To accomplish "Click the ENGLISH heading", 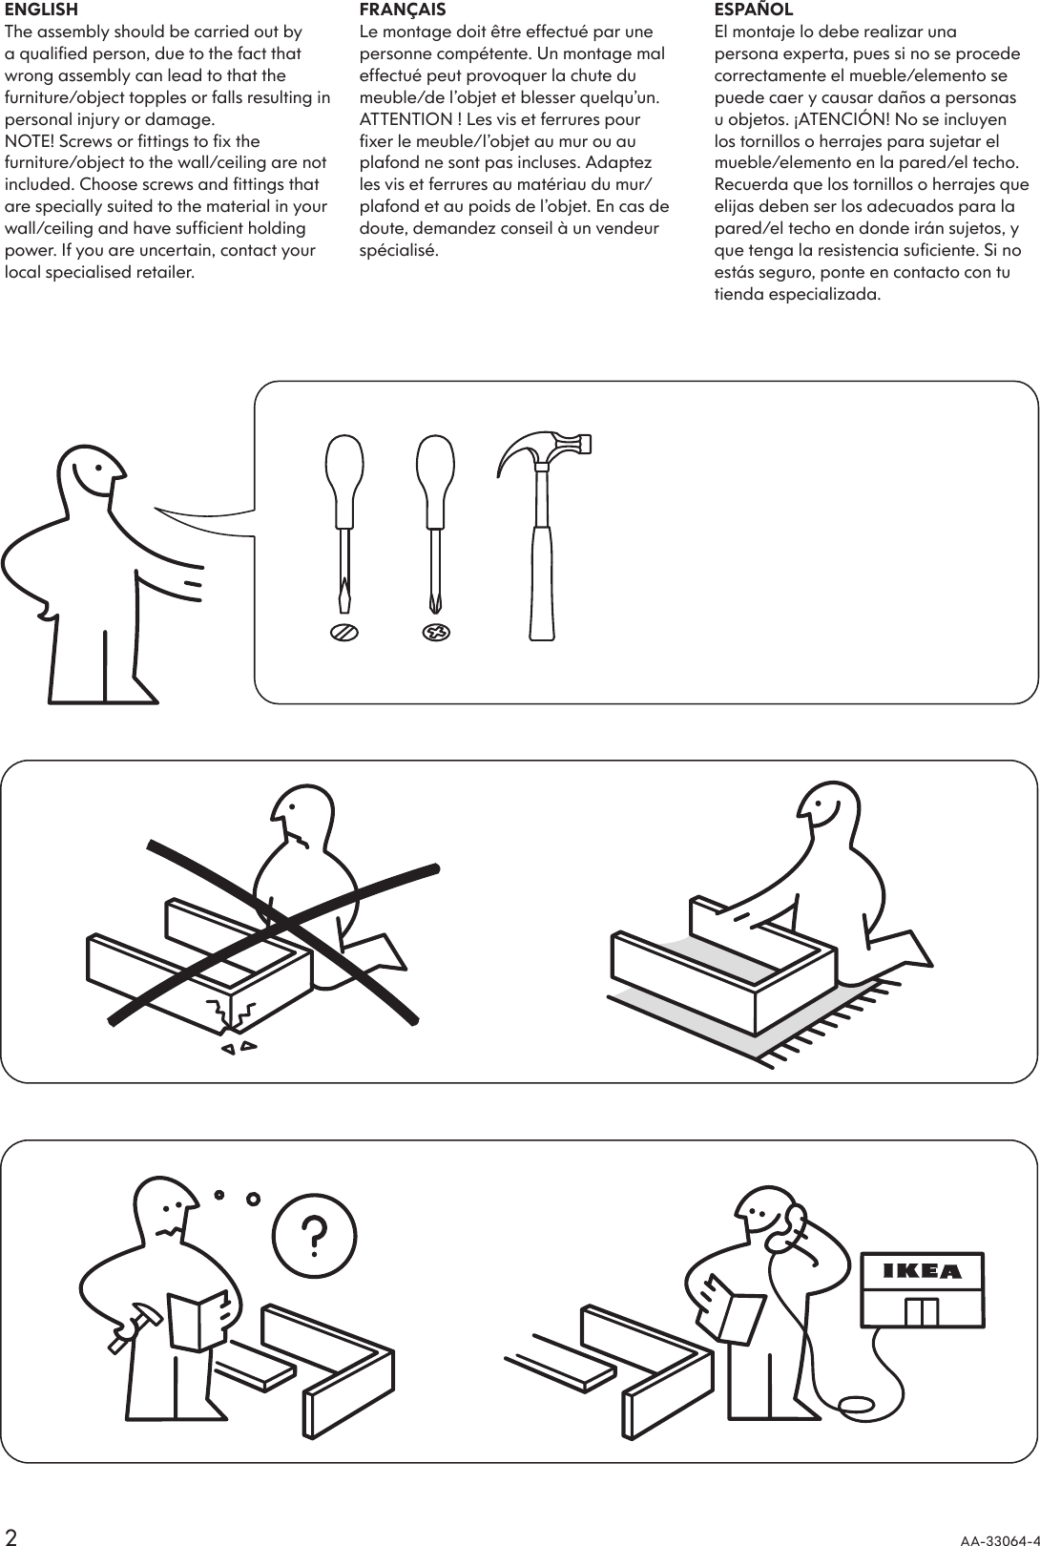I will (x=41, y=10).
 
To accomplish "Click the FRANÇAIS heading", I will (x=402, y=10).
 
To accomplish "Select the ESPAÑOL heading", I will (x=754, y=10).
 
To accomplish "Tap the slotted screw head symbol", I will (x=344, y=632).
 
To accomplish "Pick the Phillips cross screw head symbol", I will (x=436, y=632).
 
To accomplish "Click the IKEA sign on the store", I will (x=923, y=1271).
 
